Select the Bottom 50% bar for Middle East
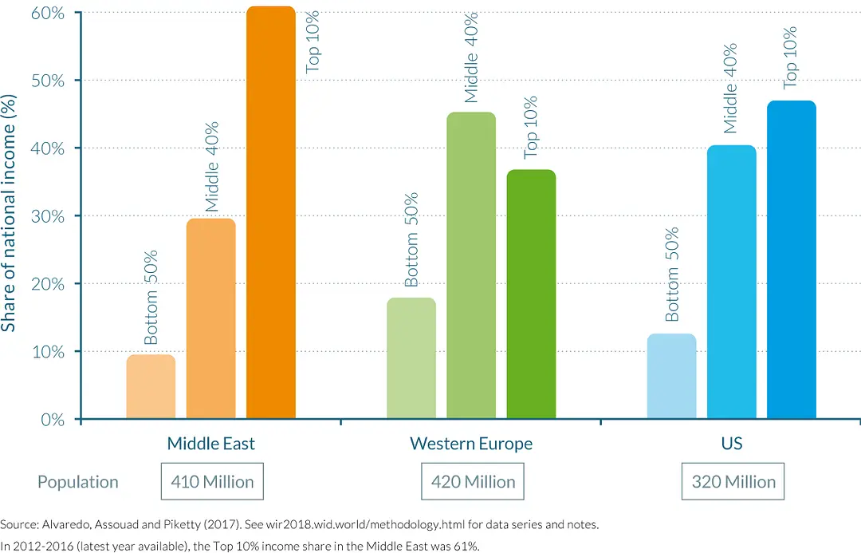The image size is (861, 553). coord(151,387)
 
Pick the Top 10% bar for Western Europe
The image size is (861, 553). coord(531,294)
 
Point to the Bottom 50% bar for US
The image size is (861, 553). coord(671,377)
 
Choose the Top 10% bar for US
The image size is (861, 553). coord(792,260)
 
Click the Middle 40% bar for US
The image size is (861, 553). coord(731,282)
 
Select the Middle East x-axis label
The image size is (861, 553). coord(210,444)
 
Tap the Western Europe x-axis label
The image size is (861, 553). coord(471,444)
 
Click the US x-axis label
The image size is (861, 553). coord(731,444)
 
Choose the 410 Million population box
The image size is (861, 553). coord(212,482)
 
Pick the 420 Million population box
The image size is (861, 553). coord(474,482)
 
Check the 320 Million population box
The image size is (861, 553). coord(733,482)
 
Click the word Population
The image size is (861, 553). coord(77,482)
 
